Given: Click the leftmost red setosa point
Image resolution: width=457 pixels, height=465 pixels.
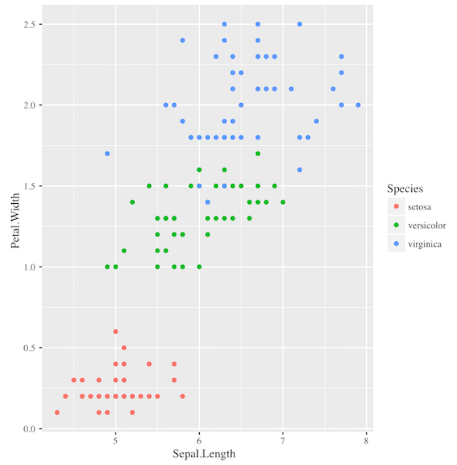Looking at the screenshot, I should (x=57, y=412).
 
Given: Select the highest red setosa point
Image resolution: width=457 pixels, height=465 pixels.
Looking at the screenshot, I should (x=116, y=332).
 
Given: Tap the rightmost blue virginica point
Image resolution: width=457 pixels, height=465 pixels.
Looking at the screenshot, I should (x=358, y=104).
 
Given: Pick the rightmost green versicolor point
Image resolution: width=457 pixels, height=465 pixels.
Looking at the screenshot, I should (x=283, y=202).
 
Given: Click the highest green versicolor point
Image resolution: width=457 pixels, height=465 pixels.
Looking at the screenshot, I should (x=258, y=153).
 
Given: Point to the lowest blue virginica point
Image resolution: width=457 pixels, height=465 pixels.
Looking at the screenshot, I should (x=208, y=202).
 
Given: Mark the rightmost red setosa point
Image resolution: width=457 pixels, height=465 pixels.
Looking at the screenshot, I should (x=182, y=396).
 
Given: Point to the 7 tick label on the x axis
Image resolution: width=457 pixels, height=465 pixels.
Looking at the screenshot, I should (x=283, y=441).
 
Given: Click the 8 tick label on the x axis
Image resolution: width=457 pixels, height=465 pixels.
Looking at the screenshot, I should (x=366, y=441).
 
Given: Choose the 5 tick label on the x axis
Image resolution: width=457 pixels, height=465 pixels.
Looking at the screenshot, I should (x=116, y=441).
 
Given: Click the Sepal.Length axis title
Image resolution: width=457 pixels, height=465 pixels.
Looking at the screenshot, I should (x=204, y=454).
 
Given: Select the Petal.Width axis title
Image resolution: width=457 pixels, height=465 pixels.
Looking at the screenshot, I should (x=15, y=226).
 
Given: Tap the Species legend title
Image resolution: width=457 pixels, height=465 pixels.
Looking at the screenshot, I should (x=405, y=189).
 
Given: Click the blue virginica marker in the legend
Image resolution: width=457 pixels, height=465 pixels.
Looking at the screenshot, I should (x=396, y=244).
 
